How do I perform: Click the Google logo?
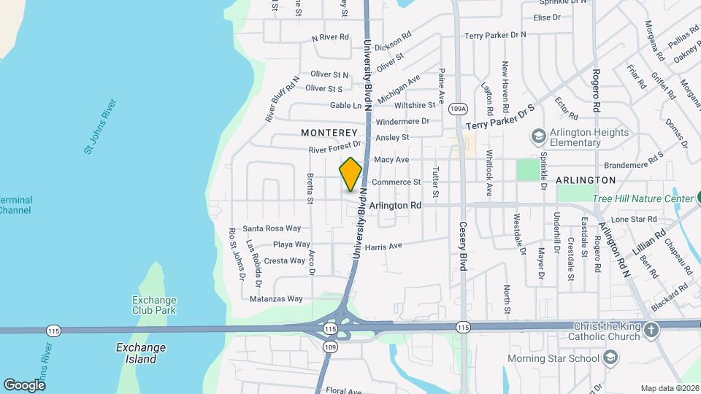(x=24, y=385)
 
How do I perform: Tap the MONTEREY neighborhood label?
(x=329, y=133)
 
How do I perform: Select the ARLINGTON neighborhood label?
(x=586, y=179)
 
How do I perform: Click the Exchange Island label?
(x=141, y=353)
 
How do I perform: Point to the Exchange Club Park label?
(x=154, y=305)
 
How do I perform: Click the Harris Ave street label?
(x=383, y=247)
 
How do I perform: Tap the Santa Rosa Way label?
(x=272, y=228)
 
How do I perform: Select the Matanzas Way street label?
(x=276, y=298)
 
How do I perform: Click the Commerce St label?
(x=397, y=182)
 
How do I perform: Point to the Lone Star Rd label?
(x=634, y=219)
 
